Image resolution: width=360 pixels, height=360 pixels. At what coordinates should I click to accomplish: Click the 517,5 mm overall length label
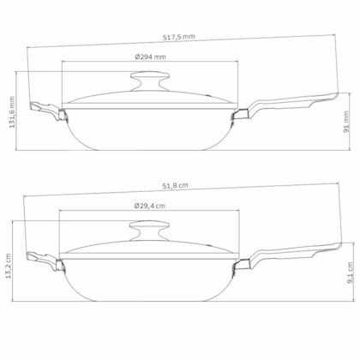(x=179, y=37)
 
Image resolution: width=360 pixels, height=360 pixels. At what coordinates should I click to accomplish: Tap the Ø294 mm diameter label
(x=150, y=57)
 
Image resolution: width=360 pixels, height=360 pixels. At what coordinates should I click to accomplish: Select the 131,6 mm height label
(x=12, y=112)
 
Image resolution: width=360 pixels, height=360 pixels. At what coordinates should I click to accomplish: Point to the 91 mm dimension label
(x=346, y=122)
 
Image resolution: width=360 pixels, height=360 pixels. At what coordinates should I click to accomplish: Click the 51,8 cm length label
(x=175, y=185)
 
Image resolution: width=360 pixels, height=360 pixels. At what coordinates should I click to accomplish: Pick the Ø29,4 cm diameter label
(x=149, y=206)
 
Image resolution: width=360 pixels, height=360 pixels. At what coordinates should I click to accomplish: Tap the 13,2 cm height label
(x=8, y=266)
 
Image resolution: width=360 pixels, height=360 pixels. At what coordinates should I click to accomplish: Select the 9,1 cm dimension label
(x=351, y=273)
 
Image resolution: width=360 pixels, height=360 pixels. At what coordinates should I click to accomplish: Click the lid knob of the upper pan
(x=150, y=81)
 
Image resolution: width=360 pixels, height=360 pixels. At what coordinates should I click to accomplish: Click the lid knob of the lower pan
(x=149, y=230)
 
